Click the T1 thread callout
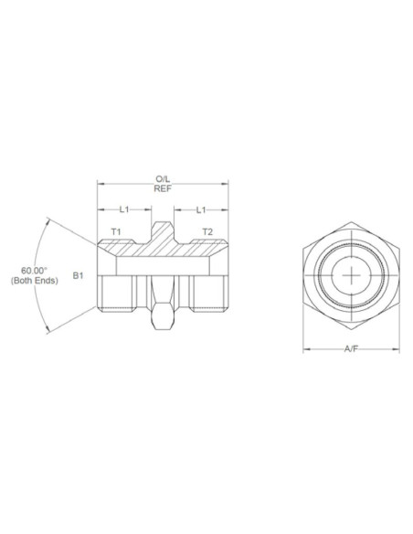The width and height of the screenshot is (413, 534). click(x=115, y=233)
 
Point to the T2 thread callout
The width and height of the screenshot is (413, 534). click(x=207, y=233)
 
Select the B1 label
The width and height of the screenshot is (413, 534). click(x=78, y=274)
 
